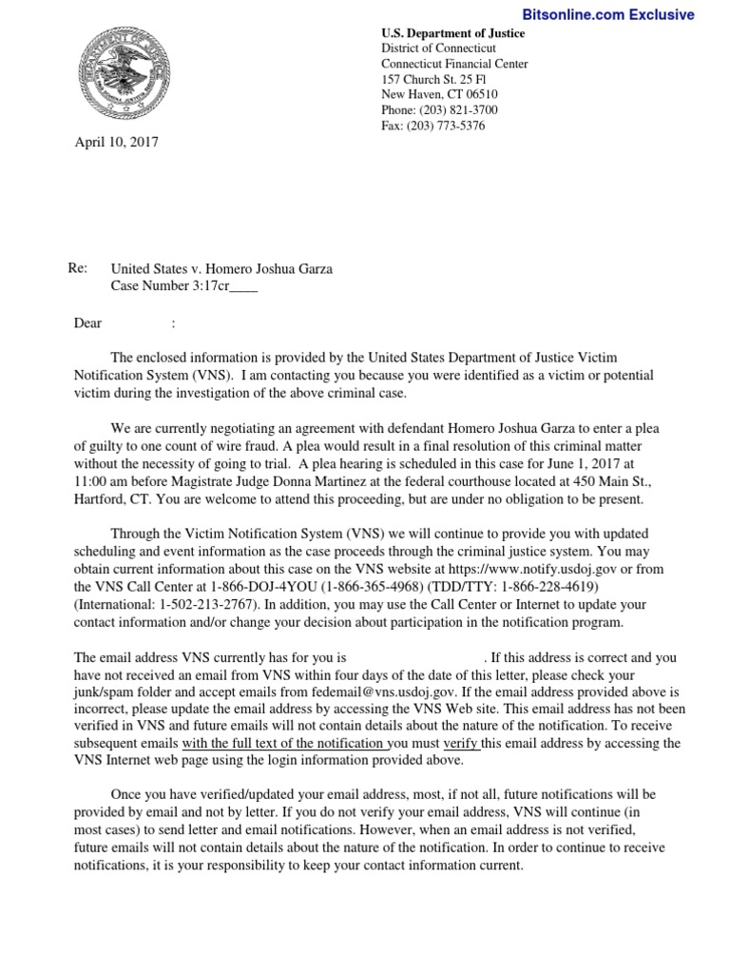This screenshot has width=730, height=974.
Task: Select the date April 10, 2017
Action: click(x=117, y=143)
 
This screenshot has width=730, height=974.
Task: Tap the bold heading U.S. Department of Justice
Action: click(x=452, y=33)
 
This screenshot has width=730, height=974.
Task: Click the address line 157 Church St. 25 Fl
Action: click(x=438, y=79)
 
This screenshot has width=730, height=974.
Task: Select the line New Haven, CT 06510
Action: click(x=439, y=94)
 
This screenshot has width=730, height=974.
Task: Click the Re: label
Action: click(x=79, y=269)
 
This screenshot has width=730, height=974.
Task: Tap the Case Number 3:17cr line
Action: click(x=184, y=285)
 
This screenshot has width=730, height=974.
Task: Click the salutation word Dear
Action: click(x=87, y=323)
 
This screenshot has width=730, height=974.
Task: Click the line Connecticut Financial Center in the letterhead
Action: click(x=454, y=64)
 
